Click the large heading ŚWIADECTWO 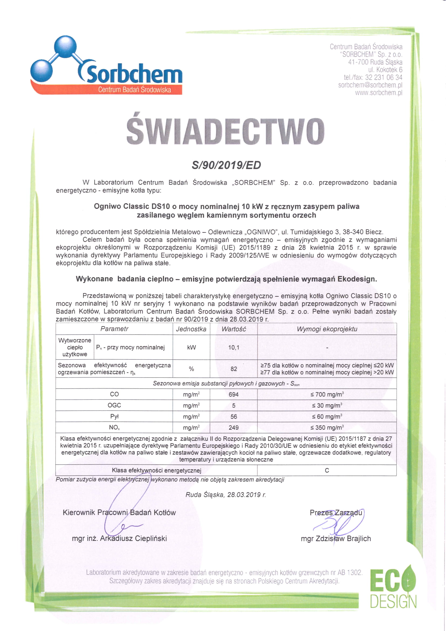point(225,131)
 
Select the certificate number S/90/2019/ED point(226,165)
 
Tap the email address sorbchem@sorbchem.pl point(370,85)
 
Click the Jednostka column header point(191,329)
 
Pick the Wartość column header point(234,329)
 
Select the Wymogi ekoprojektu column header point(327,329)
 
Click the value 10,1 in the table point(234,347)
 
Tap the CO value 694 point(234,394)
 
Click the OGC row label point(114,405)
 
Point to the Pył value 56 point(234,417)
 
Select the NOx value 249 point(234,428)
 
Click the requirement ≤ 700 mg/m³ point(327,394)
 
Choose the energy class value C point(327,470)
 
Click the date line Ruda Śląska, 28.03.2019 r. point(226,495)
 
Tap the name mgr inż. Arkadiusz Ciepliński point(119,538)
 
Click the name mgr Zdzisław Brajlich point(336,538)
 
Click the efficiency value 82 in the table point(234,369)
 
